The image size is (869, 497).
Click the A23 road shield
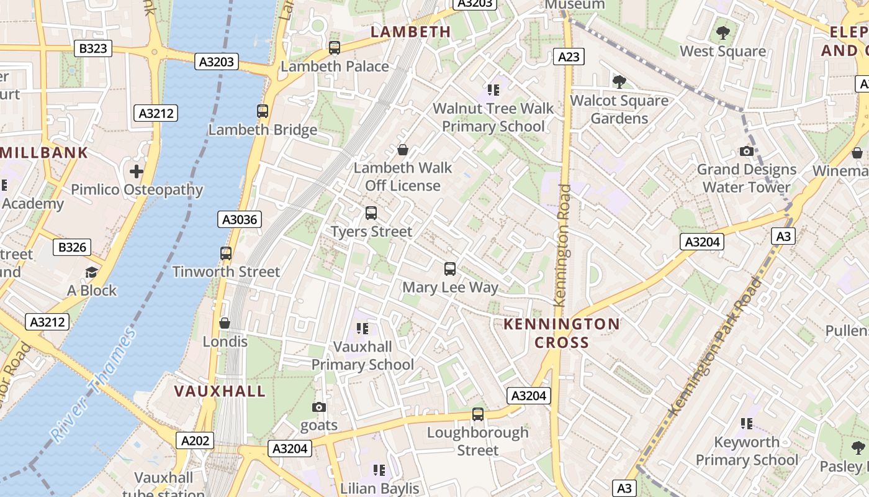(x=569, y=57)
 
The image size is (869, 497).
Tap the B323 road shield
(x=93, y=48)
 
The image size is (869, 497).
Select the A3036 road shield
(x=240, y=219)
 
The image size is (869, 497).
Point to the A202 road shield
(x=195, y=440)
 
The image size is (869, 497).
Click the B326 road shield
(x=72, y=247)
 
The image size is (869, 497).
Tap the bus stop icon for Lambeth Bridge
(x=263, y=111)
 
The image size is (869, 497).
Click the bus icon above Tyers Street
(x=371, y=213)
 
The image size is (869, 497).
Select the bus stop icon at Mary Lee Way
(x=450, y=269)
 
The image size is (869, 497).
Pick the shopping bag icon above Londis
(x=225, y=323)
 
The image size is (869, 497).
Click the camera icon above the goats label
(x=319, y=408)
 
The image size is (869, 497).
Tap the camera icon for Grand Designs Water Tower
(x=747, y=151)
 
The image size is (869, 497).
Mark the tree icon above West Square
(x=723, y=33)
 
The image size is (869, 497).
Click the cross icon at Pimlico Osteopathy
(x=137, y=171)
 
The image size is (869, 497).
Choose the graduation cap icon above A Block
(x=91, y=272)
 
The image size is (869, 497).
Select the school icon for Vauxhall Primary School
(x=362, y=328)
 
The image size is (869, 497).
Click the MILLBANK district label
(x=45, y=153)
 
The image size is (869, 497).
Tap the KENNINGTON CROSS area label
(x=561, y=333)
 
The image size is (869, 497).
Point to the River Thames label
(x=94, y=385)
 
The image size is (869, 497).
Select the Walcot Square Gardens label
(x=619, y=109)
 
